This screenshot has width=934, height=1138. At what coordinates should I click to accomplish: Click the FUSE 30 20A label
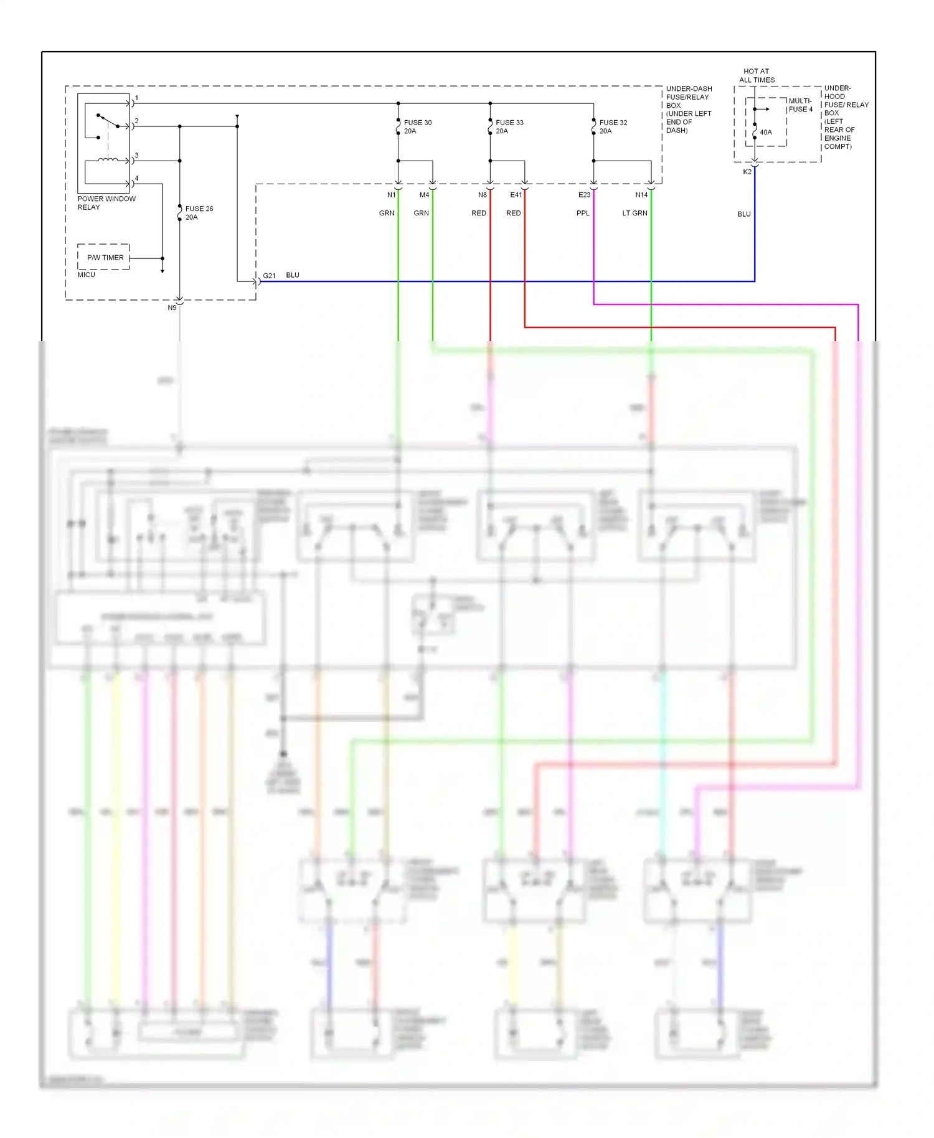click(x=417, y=127)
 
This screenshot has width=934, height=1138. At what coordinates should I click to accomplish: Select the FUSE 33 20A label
click(x=509, y=127)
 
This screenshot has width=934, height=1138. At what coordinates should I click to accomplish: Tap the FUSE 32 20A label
click(x=613, y=127)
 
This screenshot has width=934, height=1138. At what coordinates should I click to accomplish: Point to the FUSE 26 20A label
click(x=199, y=213)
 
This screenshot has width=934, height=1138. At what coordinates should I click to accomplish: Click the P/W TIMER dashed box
click(x=104, y=257)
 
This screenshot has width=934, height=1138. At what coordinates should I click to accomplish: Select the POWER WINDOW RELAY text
click(x=106, y=203)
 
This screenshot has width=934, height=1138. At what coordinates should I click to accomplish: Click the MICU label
click(x=86, y=275)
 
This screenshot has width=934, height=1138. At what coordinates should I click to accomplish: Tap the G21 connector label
click(x=269, y=275)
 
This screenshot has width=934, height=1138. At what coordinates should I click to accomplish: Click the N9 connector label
click(x=172, y=308)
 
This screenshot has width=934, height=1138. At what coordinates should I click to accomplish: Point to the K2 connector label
click(x=747, y=172)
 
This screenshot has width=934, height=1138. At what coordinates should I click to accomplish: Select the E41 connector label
click(x=516, y=195)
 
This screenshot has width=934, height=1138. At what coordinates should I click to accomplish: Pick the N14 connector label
click(x=641, y=195)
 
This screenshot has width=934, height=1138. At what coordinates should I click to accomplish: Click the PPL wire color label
click(x=583, y=213)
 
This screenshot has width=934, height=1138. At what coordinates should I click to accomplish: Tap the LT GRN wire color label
click(x=634, y=213)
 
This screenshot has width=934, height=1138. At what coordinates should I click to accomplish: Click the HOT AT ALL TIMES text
click(x=757, y=75)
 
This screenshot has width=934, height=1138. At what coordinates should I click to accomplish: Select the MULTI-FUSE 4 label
click(x=800, y=105)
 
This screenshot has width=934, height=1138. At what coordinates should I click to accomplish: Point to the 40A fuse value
click(x=766, y=132)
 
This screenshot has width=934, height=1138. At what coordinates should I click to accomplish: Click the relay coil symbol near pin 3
click(x=108, y=160)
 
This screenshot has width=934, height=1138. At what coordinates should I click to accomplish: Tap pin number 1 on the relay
click(x=137, y=98)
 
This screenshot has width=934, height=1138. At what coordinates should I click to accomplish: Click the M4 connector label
click(x=424, y=195)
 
